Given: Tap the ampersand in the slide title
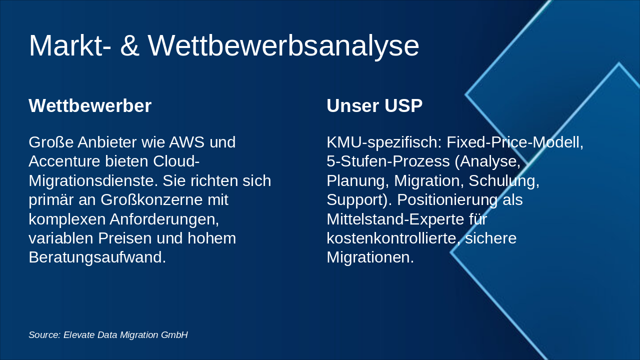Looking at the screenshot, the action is [x=129, y=45].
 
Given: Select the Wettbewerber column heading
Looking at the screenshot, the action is [x=90, y=105].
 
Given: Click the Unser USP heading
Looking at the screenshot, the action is [x=374, y=105].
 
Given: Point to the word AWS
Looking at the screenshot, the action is [x=187, y=142].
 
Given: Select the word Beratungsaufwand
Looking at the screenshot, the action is [x=97, y=257].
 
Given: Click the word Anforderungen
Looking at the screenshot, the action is [x=164, y=219].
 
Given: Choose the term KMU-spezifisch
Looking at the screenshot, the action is [x=384, y=142].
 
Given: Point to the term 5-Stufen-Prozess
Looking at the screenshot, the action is [x=388, y=161].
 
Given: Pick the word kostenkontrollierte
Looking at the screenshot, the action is [x=393, y=238].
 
